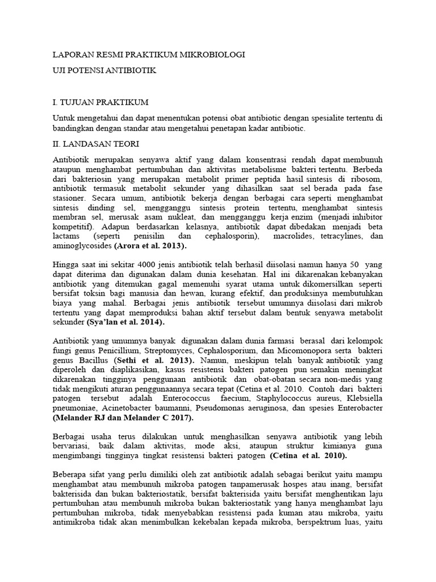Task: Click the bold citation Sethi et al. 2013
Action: coord(154,360)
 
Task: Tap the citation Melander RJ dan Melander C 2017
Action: coord(123,418)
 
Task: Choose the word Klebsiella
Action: coord(363,398)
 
